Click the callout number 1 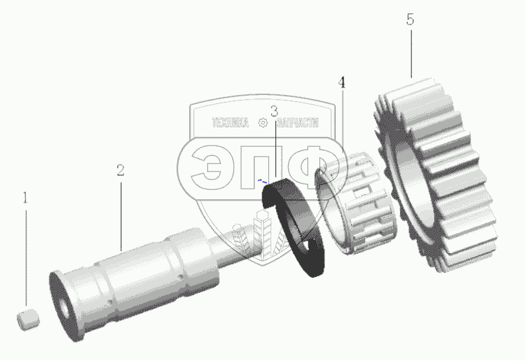(x=25, y=198)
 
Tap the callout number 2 (x=121, y=170)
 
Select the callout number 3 (x=274, y=111)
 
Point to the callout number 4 (x=341, y=82)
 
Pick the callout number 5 (x=410, y=19)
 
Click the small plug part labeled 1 (x=28, y=319)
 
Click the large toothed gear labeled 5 (x=435, y=174)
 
